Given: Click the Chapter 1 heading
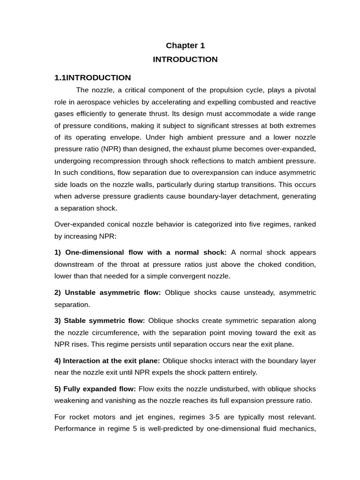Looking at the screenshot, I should click(x=185, y=45).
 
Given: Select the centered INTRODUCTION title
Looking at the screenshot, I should click(x=185, y=60).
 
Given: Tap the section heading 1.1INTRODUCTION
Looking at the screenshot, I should click(x=93, y=78).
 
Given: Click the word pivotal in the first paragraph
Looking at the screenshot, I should click(x=303, y=90).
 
